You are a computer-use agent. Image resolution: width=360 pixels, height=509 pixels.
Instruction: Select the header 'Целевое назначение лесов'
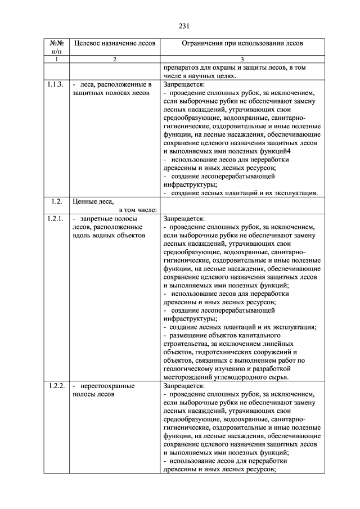[114, 43]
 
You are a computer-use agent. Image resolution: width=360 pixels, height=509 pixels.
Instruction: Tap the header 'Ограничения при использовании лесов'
[242, 43]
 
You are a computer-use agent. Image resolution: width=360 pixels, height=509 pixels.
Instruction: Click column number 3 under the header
[242, 59]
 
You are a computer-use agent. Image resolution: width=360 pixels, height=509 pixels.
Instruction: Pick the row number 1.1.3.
[56, 85]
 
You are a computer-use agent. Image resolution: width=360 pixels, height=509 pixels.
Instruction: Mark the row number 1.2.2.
[56, 387]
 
